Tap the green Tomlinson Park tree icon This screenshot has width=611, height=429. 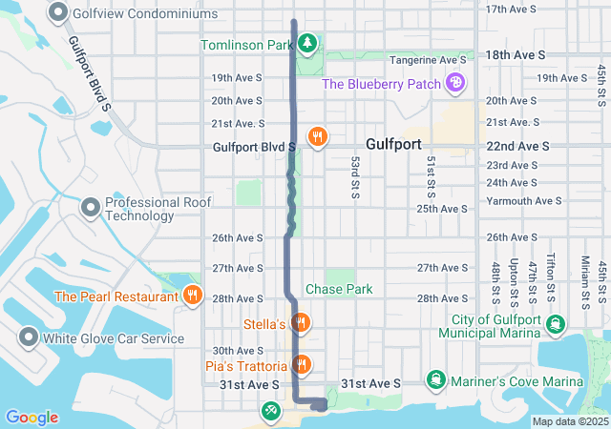[x=306, y=43]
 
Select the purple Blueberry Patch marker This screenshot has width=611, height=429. [x=456, y=84]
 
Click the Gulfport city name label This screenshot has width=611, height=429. [x=392, y=141]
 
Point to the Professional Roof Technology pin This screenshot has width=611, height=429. [x=91, y=207]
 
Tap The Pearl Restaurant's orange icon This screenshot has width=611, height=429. [x=193, y=296]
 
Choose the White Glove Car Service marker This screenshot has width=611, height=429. [x=28, y=337]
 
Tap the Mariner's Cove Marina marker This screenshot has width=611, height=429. [x=436, y=381]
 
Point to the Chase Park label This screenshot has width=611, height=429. [x=339, y=289]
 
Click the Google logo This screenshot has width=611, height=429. [x=32, y=418]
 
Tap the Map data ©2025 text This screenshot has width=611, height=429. [x=570, y=421]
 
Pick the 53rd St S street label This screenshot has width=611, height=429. [x=353, y=177]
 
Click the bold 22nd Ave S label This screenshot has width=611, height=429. [x=516, y=146]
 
